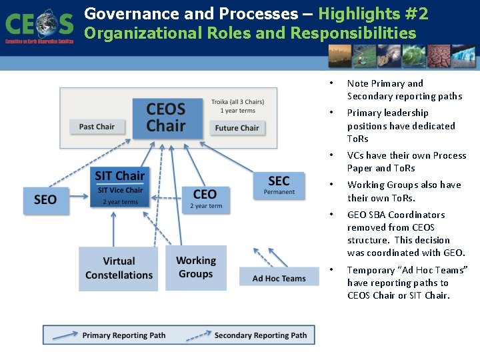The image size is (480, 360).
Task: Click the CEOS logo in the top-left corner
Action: [x=39, y=25]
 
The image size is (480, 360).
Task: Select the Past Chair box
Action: [x=97, y=127]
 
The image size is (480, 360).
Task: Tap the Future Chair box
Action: [x=237, y=128]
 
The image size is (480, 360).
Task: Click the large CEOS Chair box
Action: [x=166, y=118]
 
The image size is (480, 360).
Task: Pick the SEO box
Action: [x=45, y=199]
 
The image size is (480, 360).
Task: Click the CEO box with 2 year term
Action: [x=205, y=198]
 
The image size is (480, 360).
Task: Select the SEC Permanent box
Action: [x=279, y=184]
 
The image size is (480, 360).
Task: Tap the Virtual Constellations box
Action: [x=119, y=269]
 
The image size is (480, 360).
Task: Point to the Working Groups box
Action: [x=196, y=267]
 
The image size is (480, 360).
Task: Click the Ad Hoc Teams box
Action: [x=279, y=278]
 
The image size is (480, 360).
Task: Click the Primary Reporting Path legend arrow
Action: [x=65, y=335]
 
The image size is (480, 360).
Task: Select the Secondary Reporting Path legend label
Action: [x=261, y=335]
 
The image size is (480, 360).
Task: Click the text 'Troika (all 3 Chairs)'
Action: [x=237, y=102]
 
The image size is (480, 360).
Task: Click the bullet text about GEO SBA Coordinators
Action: [x=405, y=233]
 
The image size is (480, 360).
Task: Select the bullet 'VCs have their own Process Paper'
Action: [x=406, y=161]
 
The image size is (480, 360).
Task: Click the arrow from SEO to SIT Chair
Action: [x=79, y=196]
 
